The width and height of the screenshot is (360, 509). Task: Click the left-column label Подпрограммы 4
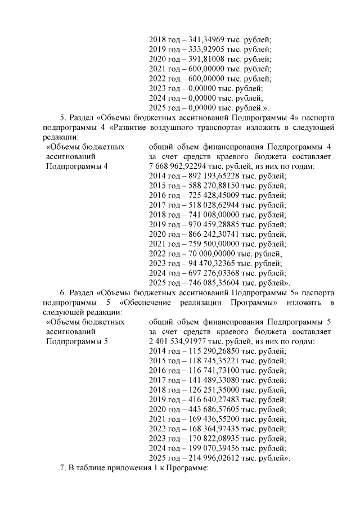(76, 166)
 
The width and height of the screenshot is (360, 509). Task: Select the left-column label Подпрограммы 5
(76, 342)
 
